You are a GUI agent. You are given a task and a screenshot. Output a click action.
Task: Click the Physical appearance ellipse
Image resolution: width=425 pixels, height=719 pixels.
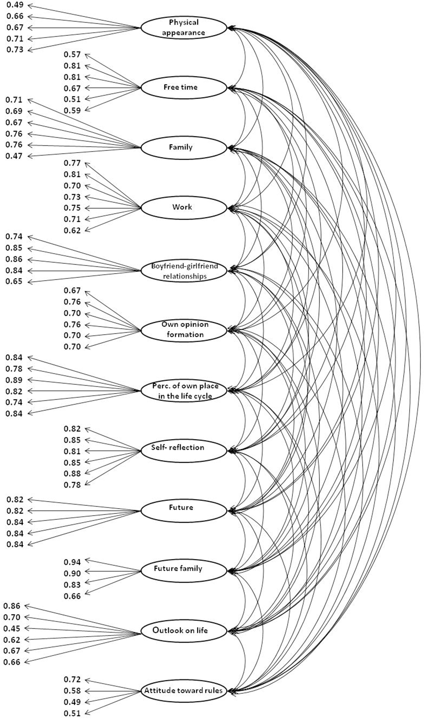[x=184, y=28]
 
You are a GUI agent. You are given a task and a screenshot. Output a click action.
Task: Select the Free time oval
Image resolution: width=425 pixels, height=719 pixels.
[x=184, y=88]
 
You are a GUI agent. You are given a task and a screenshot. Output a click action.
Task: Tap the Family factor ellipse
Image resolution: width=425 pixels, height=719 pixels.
[x=184, y=148]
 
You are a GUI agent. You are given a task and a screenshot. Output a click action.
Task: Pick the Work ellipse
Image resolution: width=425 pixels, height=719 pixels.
[x=184, y=208]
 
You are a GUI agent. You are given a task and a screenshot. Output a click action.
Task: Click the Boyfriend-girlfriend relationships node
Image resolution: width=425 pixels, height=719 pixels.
[x=184, y=271]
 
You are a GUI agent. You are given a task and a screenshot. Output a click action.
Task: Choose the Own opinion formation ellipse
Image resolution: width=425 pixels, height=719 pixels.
[x=184, y=330]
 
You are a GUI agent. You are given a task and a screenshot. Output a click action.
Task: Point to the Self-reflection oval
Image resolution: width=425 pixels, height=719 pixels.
[x=184, y=451]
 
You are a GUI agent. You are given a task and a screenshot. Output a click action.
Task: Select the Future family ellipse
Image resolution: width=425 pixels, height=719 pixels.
[x=184, y=571]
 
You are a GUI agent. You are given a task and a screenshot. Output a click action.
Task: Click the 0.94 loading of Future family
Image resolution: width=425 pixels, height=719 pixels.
[x=72, y=562]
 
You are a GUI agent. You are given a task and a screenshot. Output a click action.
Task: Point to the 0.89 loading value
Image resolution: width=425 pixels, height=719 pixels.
[x=14, y=380]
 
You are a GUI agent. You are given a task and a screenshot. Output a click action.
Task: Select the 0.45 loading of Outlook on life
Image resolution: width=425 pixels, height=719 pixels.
[x=12, y=629]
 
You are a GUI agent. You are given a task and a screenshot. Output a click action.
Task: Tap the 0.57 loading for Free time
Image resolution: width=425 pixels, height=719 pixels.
[x=72, y=54]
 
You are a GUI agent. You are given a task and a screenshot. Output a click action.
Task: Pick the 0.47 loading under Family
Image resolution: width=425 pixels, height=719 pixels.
[x=14, y=156]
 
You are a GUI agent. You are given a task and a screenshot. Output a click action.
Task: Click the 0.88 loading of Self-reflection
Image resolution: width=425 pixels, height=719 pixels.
[x=72, y=474]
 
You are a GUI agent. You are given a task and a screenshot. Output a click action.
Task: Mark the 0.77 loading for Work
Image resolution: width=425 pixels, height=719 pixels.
[x=72, y=163]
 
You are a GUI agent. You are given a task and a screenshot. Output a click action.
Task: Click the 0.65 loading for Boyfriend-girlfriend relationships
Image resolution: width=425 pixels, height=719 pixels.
[x=14, y=282]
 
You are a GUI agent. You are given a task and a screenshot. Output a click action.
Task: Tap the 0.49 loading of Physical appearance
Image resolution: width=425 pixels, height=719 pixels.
[x=15, y=5]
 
